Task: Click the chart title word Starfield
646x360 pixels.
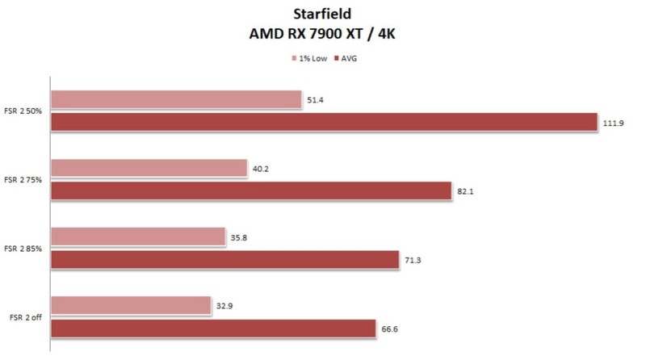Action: [323, 15]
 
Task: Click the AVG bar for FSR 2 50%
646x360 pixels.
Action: [323, 122]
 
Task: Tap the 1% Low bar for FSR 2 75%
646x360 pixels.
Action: [149, 168]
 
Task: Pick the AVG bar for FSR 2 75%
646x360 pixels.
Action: [250, 190]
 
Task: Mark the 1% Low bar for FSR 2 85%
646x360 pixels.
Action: [138, 237]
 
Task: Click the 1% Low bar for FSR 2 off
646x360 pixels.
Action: [131, 305]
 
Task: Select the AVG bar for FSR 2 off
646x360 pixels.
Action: [213, 328]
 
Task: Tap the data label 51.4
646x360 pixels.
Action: [316, 100]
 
